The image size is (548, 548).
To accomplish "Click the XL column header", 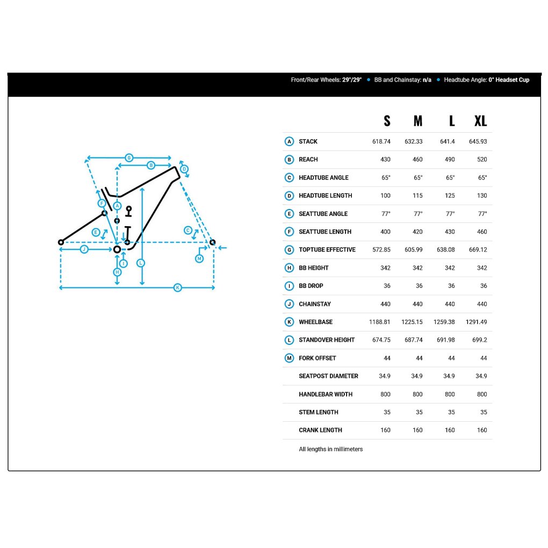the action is coord(480,121).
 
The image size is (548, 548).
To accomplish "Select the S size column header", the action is coord(387,121).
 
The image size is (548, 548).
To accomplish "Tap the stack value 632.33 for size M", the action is coord(414,141).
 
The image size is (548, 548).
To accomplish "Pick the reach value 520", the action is coord(482,160).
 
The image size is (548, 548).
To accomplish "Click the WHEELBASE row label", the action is coord(315,322).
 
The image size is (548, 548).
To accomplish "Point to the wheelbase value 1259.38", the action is coord(444,322).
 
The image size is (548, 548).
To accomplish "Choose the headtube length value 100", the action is coord(385,196).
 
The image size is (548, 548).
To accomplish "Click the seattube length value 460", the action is coord(482,232).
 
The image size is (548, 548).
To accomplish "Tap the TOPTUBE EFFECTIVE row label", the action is coord(327,249).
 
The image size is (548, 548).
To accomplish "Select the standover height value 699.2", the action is coord(479,340).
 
